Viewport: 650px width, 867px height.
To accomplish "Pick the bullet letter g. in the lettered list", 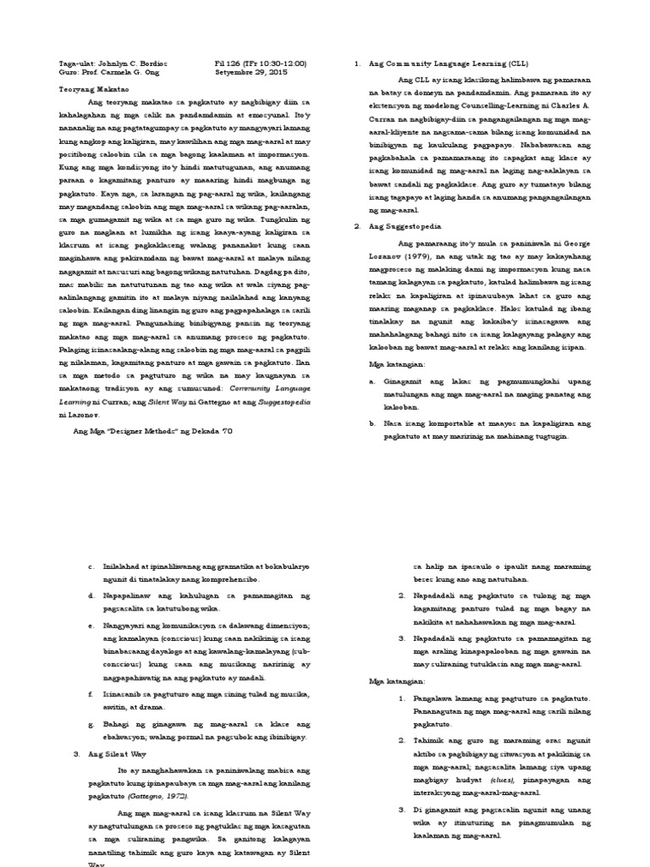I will click(90, 724).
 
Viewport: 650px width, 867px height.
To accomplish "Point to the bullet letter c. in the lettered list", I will click(90, 565).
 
